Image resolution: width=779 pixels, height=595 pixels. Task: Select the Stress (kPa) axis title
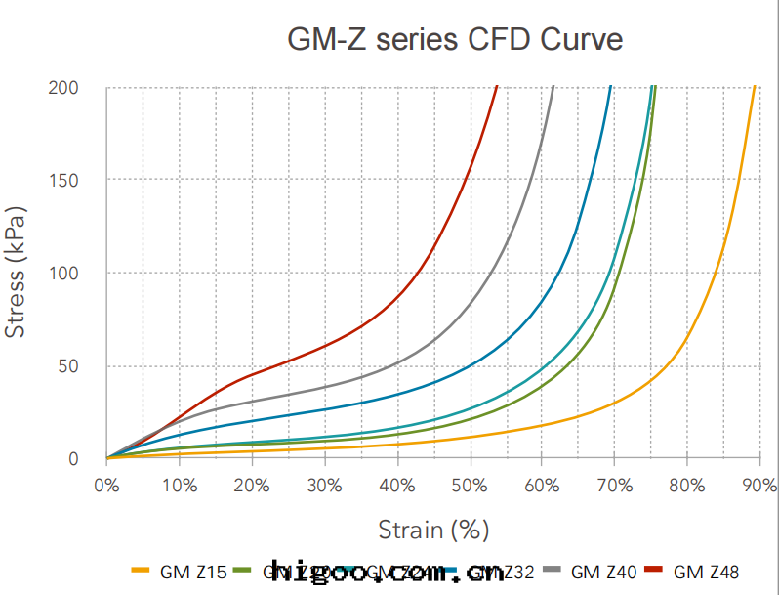pos(16,272)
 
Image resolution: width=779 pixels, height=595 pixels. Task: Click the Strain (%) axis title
pos(433,530)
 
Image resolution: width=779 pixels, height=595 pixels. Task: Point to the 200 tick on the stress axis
pos(63,88)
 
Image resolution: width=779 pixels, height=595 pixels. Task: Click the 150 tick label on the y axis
pos(63,181)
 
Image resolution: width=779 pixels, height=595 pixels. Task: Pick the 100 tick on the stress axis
pos(63,274)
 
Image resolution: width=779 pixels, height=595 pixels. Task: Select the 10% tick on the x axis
pos(179,486)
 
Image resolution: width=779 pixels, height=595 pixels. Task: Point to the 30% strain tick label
pos(324,486)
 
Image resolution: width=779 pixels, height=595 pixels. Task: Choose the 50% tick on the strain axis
pos(470,486)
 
